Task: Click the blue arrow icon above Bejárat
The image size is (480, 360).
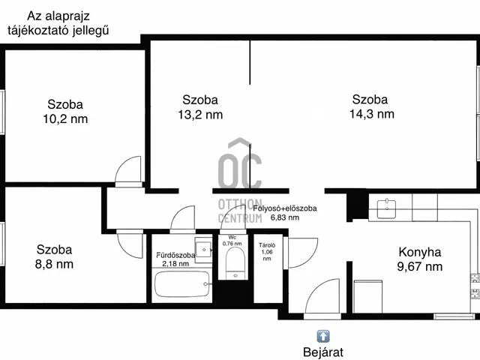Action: coord(323,336)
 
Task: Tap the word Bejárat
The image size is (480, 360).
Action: coord(323,352)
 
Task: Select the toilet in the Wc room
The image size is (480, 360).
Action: coord(235,263)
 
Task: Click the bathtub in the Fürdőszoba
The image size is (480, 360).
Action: coord(182,284)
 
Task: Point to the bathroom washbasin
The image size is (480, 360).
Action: coord(203,250)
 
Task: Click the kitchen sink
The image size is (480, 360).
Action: coord(387,208)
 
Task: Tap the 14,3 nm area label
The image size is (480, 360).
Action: coord(372,114)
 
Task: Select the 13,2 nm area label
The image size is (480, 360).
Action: coord(200,115)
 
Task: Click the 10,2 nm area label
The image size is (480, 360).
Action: coord(65,118)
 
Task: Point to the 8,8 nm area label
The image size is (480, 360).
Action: coord(54,264)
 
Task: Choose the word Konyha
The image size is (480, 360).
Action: coord(420,252)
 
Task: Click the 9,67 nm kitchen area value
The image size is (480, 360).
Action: coord(420,267)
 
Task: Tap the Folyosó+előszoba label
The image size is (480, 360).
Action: coord(285,208)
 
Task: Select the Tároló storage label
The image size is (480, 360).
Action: coord(267,245)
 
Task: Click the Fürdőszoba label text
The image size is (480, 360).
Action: coord(175,255)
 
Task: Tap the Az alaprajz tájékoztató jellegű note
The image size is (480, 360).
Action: coord(58,23)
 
